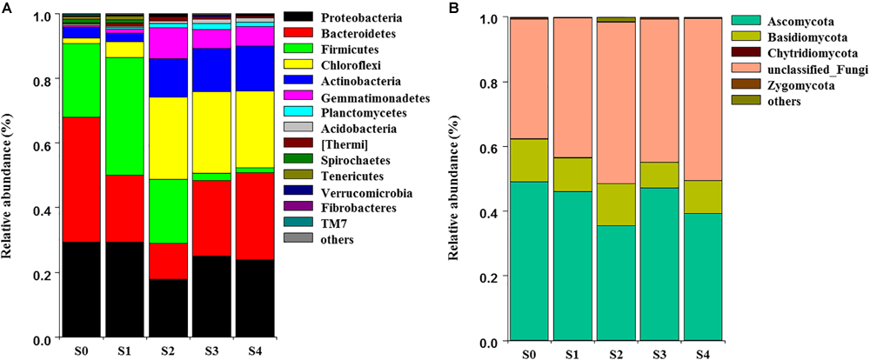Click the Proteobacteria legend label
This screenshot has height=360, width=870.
(x=331, y=17)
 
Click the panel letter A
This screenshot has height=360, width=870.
(x=6, y=7)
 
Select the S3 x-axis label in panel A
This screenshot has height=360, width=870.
(x=211, y=353)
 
